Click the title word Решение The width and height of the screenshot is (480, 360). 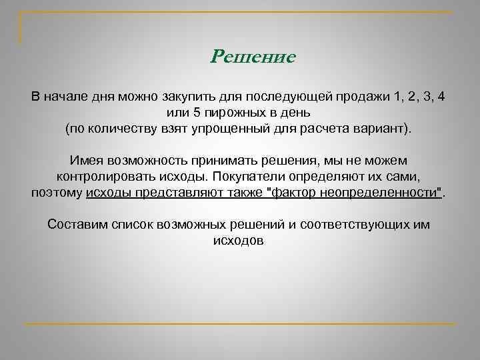click(253, 57)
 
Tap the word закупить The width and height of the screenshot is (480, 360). click(185, 97)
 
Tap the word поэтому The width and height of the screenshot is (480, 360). click(57, 193)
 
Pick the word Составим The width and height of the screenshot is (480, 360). click(75, 225)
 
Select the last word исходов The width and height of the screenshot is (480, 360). click(239, 241)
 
